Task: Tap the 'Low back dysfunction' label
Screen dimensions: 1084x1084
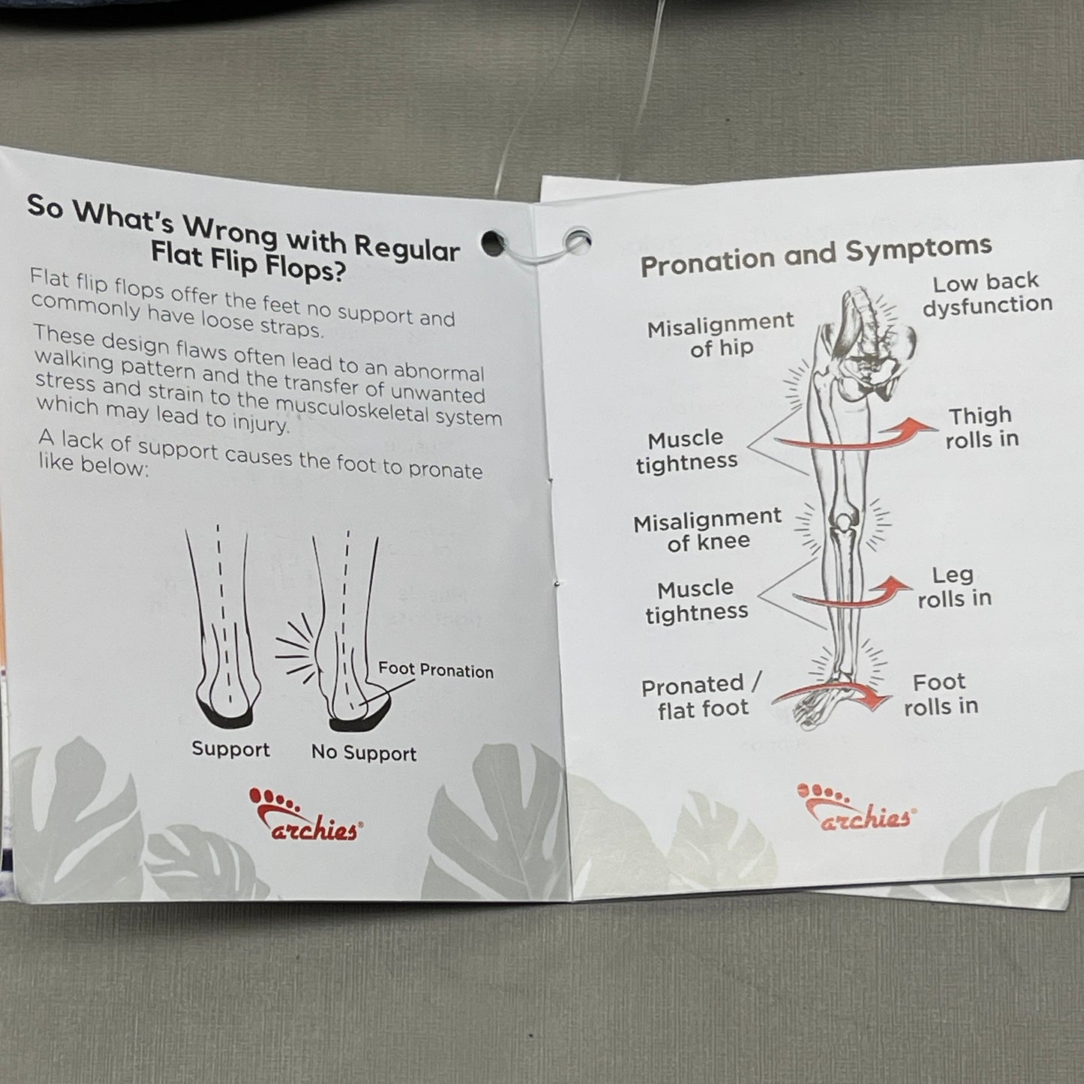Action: [x=987, y=293]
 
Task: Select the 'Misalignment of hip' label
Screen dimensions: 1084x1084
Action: [x=721, y=335]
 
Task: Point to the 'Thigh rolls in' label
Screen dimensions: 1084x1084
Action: [x=982, y=428]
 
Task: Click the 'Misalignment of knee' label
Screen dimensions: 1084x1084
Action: [x=707, y=530]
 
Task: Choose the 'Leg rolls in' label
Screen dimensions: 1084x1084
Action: [x=955, y=587]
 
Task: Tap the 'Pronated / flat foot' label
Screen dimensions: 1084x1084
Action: [x=701, y=696]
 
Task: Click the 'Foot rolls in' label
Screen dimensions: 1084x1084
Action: [x=941, y=694]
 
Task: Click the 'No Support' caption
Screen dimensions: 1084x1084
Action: [x=364, y=752]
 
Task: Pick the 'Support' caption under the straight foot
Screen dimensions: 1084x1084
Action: [x=230, y=749]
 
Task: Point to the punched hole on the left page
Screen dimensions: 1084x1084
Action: [x=494, y=243]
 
